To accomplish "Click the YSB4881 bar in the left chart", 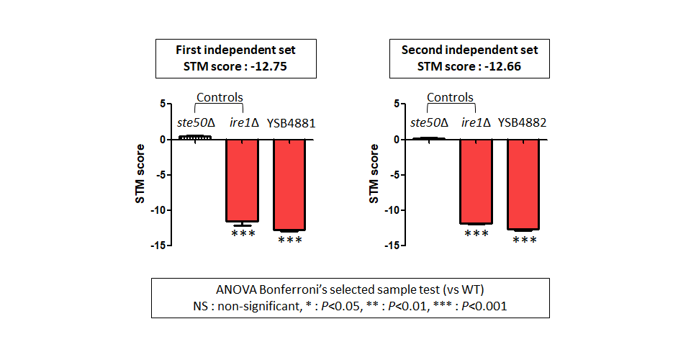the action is tap(289, 184).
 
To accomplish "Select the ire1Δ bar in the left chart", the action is tap(242, 180).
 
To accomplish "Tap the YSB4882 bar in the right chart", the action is tap(523, 184).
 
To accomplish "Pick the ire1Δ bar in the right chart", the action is tap(476, 181).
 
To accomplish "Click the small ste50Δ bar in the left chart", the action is tap(195, 138).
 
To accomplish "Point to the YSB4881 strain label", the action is tap(291, 123).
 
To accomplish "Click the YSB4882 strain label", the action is tap(523, 122).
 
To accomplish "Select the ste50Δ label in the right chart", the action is tap(429, 122).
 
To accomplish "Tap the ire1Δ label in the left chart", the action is tap(244, 122).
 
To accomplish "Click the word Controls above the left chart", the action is tap(220, 97).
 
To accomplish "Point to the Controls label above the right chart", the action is tap(450, 97).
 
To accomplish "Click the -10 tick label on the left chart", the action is tap(158, 210).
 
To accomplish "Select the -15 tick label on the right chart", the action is tap(392, 246).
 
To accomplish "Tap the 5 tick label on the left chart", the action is tap(163, 104).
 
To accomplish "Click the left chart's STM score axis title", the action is tap(140, 174).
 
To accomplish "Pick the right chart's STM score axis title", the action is tap(374, 174).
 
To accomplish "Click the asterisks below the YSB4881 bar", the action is tap(290, 240).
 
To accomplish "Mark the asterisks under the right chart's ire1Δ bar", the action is tap(477, 233).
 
